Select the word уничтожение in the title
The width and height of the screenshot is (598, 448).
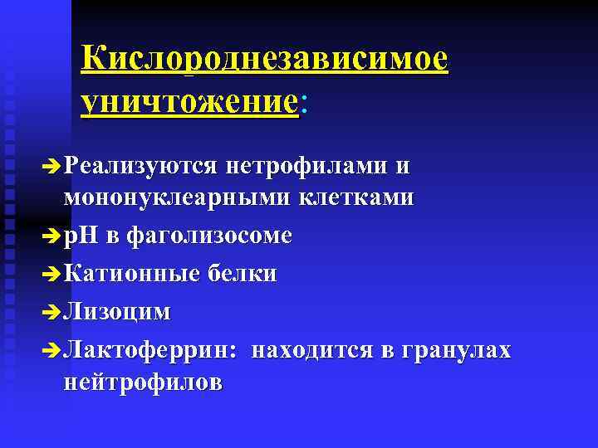coord(189,104)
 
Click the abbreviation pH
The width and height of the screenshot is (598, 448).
coord(81,236)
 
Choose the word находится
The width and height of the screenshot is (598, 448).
coord(313,349)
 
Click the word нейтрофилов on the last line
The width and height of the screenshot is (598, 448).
coord(141,383)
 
